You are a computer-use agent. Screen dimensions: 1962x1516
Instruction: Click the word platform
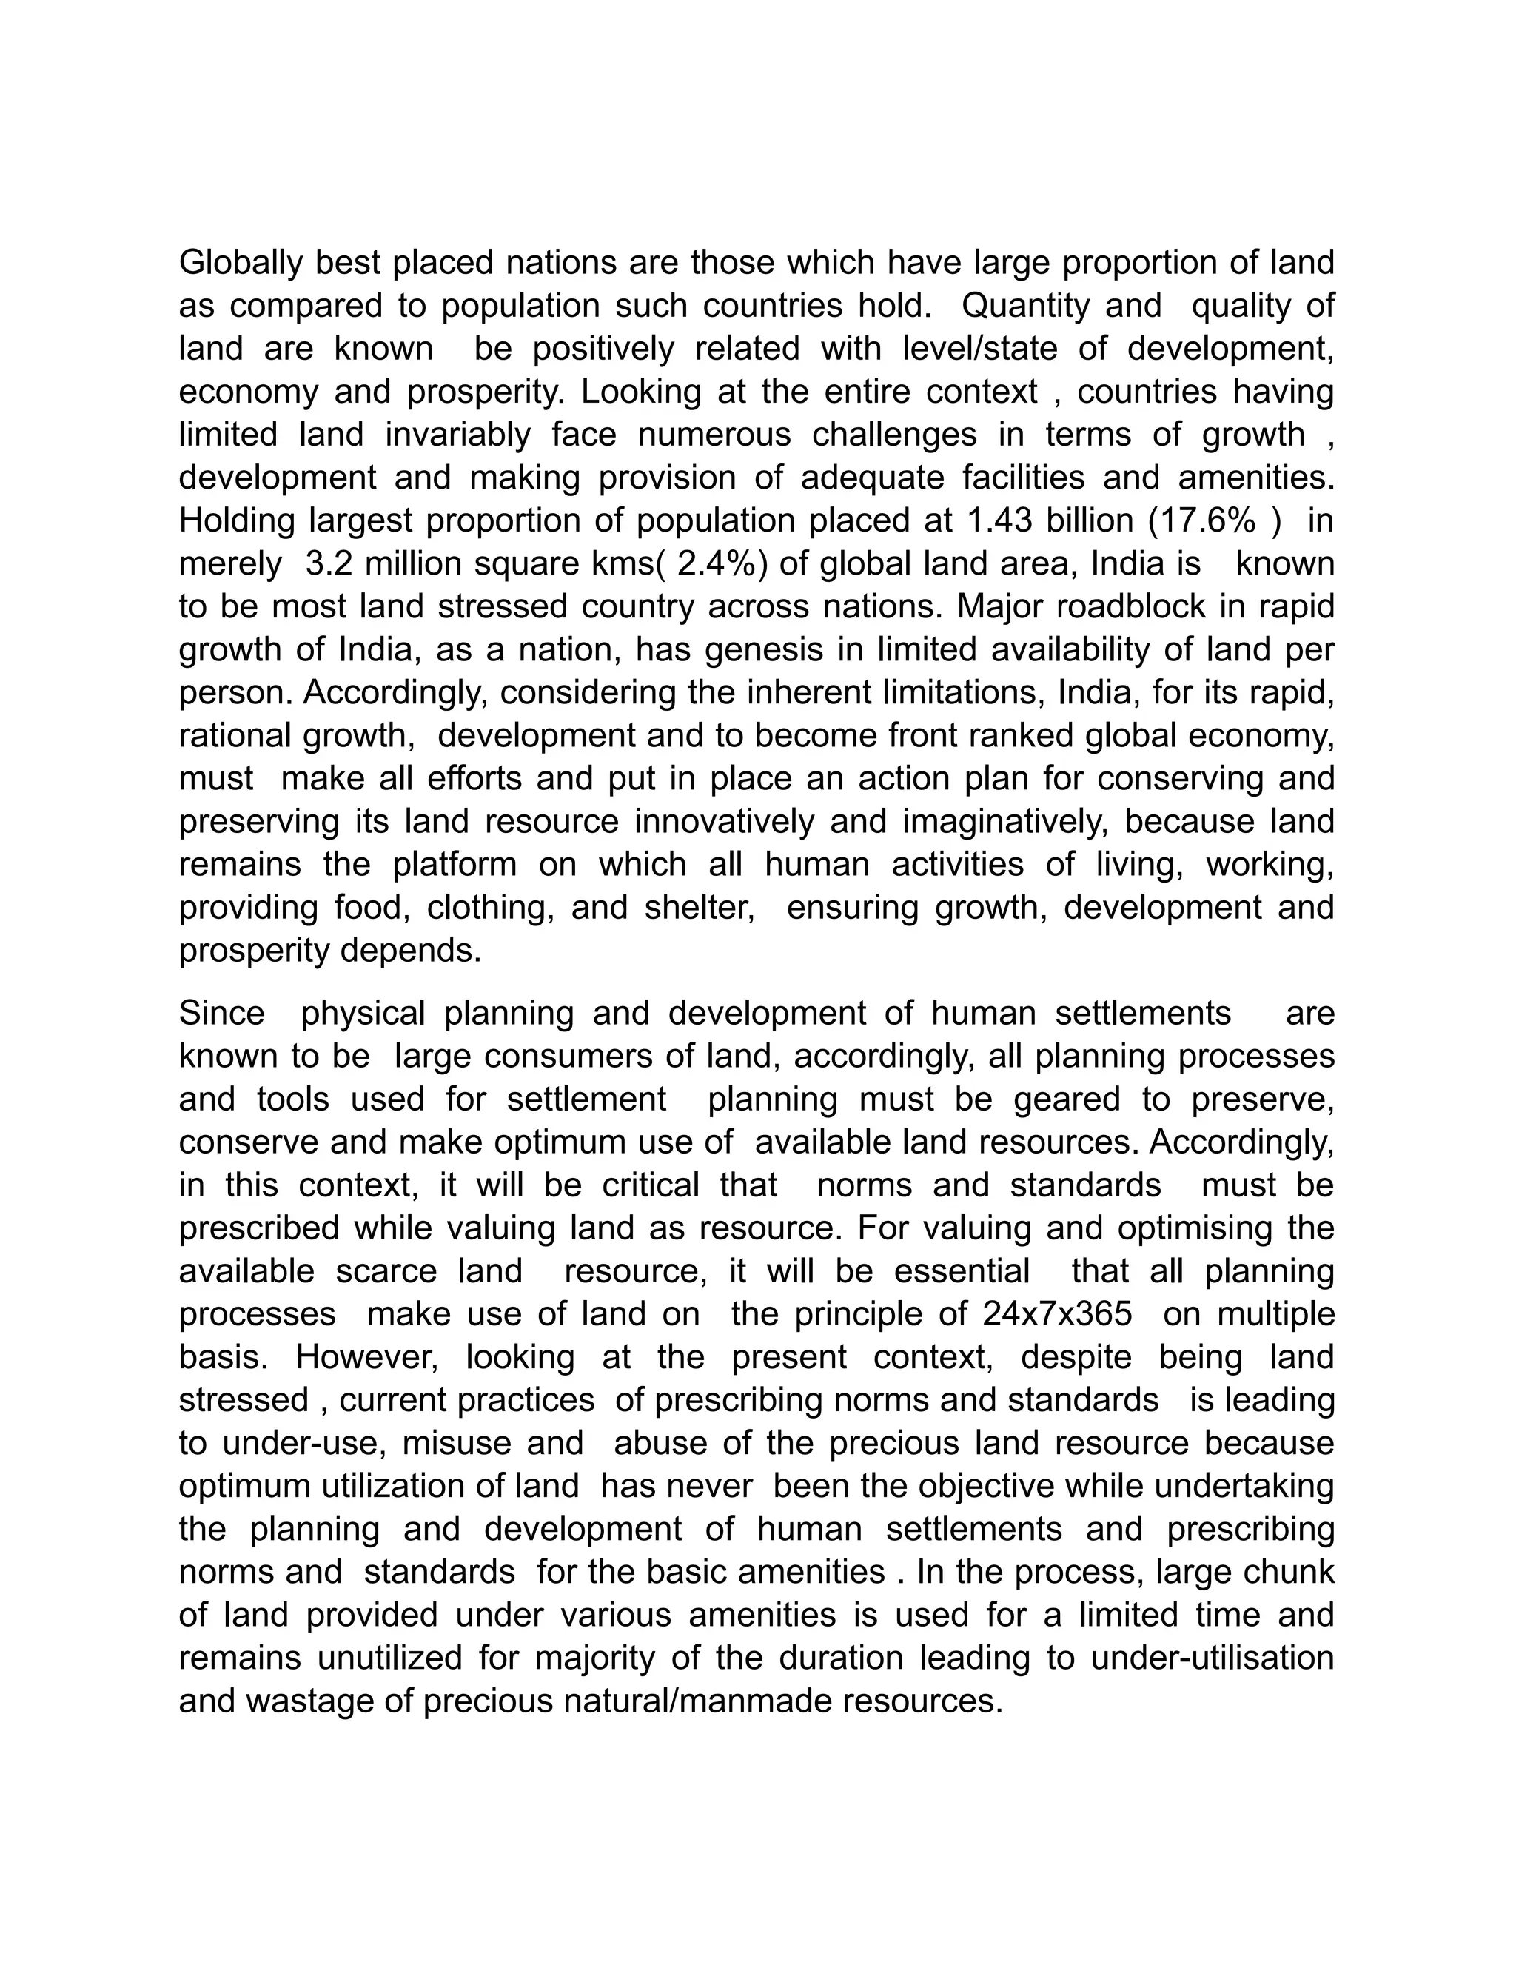(455, 865)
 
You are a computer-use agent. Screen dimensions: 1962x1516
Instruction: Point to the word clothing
(488, 908)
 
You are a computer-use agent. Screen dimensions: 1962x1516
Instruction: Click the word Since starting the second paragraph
(222, 1014)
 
